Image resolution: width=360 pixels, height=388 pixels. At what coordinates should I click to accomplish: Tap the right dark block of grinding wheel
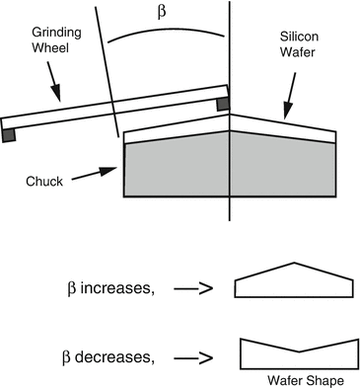pyautogui.click(x=223, y=102)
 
